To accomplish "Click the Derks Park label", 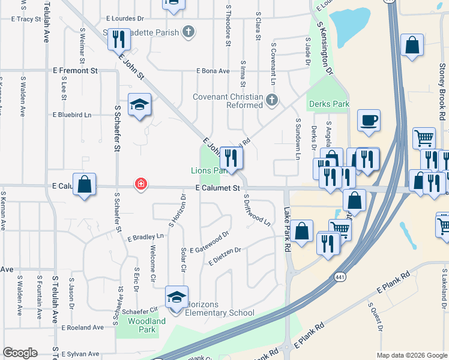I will click(329, 104).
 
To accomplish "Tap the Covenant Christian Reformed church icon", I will click(272, 100).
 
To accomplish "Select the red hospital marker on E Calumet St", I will click(140, 184).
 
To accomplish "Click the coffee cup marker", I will click(369, 119).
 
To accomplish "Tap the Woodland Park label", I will click(146, 325).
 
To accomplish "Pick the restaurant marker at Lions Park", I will click(231, 158).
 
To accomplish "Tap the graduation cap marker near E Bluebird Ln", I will click(139, 105).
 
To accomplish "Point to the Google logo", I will click(20, 353).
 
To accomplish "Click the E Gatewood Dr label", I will click(209, 250).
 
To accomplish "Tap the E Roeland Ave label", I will click(83, 328).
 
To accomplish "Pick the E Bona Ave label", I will click(213, 71).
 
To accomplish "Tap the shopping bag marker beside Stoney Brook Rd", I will click(412, 45).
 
